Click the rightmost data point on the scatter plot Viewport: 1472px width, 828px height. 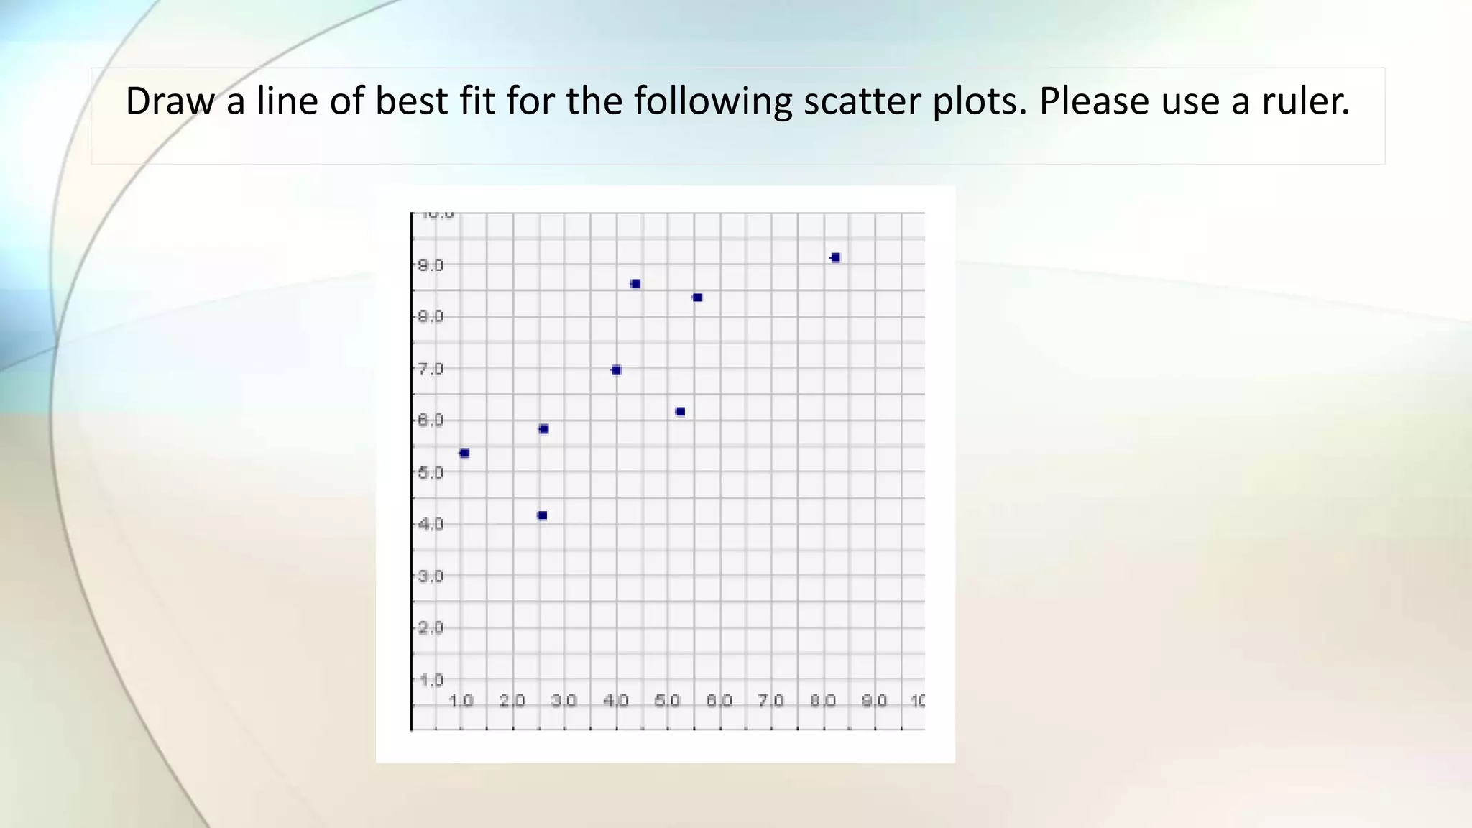click(x=835, y=257)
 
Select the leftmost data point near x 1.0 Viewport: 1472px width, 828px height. click(x=464, y=453)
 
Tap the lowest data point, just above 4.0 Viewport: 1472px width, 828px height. click(x=543, y=515)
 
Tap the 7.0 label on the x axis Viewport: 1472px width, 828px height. click(x=770, y=700)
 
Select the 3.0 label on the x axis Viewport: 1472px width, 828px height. click(x=563, y=700)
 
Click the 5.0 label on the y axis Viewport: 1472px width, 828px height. click(x=431, y=472)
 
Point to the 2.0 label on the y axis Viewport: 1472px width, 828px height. click(x=431, y=627)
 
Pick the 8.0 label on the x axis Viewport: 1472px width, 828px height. click(x=822, y=700)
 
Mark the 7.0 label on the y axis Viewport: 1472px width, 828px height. click(x=431, y=369)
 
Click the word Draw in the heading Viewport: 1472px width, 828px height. click(x=170, y=101)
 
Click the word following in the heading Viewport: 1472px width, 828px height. click(x=712, y=101)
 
